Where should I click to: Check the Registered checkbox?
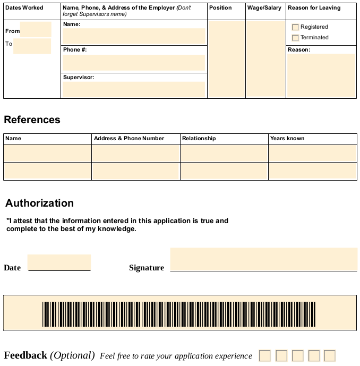pos(296,27)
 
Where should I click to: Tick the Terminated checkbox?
pos(296,38)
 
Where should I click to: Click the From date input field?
pos(36,30)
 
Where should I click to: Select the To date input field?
pos(32,46)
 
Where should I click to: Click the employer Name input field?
pos(134,36)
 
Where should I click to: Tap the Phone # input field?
pos(134,63)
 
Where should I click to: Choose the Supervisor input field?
pos(134,89)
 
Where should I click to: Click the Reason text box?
pos(321,75)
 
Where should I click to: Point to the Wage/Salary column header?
pos(264,8)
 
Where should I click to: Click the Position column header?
pos(220,8)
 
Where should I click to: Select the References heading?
pos(32,120)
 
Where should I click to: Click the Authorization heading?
pos(39,203)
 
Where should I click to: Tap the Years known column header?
pos(287,138)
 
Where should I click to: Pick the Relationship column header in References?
pos(199,138)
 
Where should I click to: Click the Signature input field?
pos(263,259)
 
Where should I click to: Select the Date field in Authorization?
pos(59,262)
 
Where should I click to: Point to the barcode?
pos(179,314)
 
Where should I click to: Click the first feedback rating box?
pos(265,355)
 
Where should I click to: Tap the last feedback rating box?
pos(330,355)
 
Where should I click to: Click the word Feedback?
pos(25,355)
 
